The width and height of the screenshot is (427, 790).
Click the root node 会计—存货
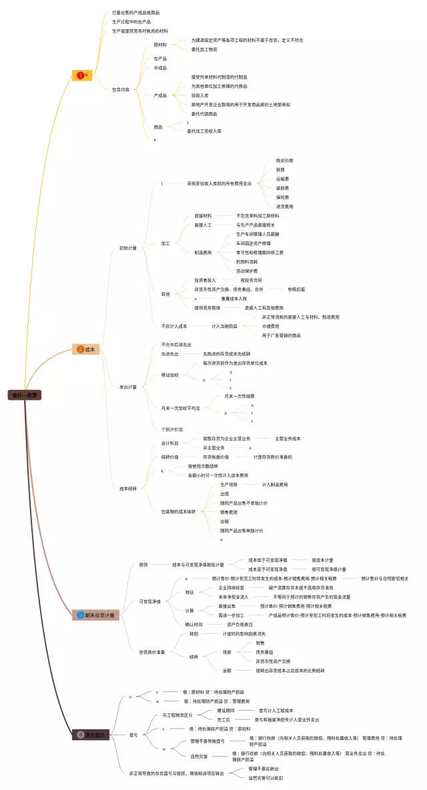25,395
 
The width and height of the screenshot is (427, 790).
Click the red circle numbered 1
81,75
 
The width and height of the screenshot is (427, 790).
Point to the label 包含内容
121,89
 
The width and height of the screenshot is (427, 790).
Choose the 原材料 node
160,45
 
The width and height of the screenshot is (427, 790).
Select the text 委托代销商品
204,113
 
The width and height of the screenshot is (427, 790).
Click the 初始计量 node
128,248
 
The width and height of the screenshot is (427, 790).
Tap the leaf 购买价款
284,161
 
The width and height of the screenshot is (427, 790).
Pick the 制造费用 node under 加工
203,253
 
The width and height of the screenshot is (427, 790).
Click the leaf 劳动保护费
248,271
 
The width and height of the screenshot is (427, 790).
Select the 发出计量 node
128,387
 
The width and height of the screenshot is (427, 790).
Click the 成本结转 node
128,489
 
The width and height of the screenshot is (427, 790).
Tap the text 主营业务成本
288,438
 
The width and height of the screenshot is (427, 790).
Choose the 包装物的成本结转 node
179,511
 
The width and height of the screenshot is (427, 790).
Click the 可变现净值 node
149,601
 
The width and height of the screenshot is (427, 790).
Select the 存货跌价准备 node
152,651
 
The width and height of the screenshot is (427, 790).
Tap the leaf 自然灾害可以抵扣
266,777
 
